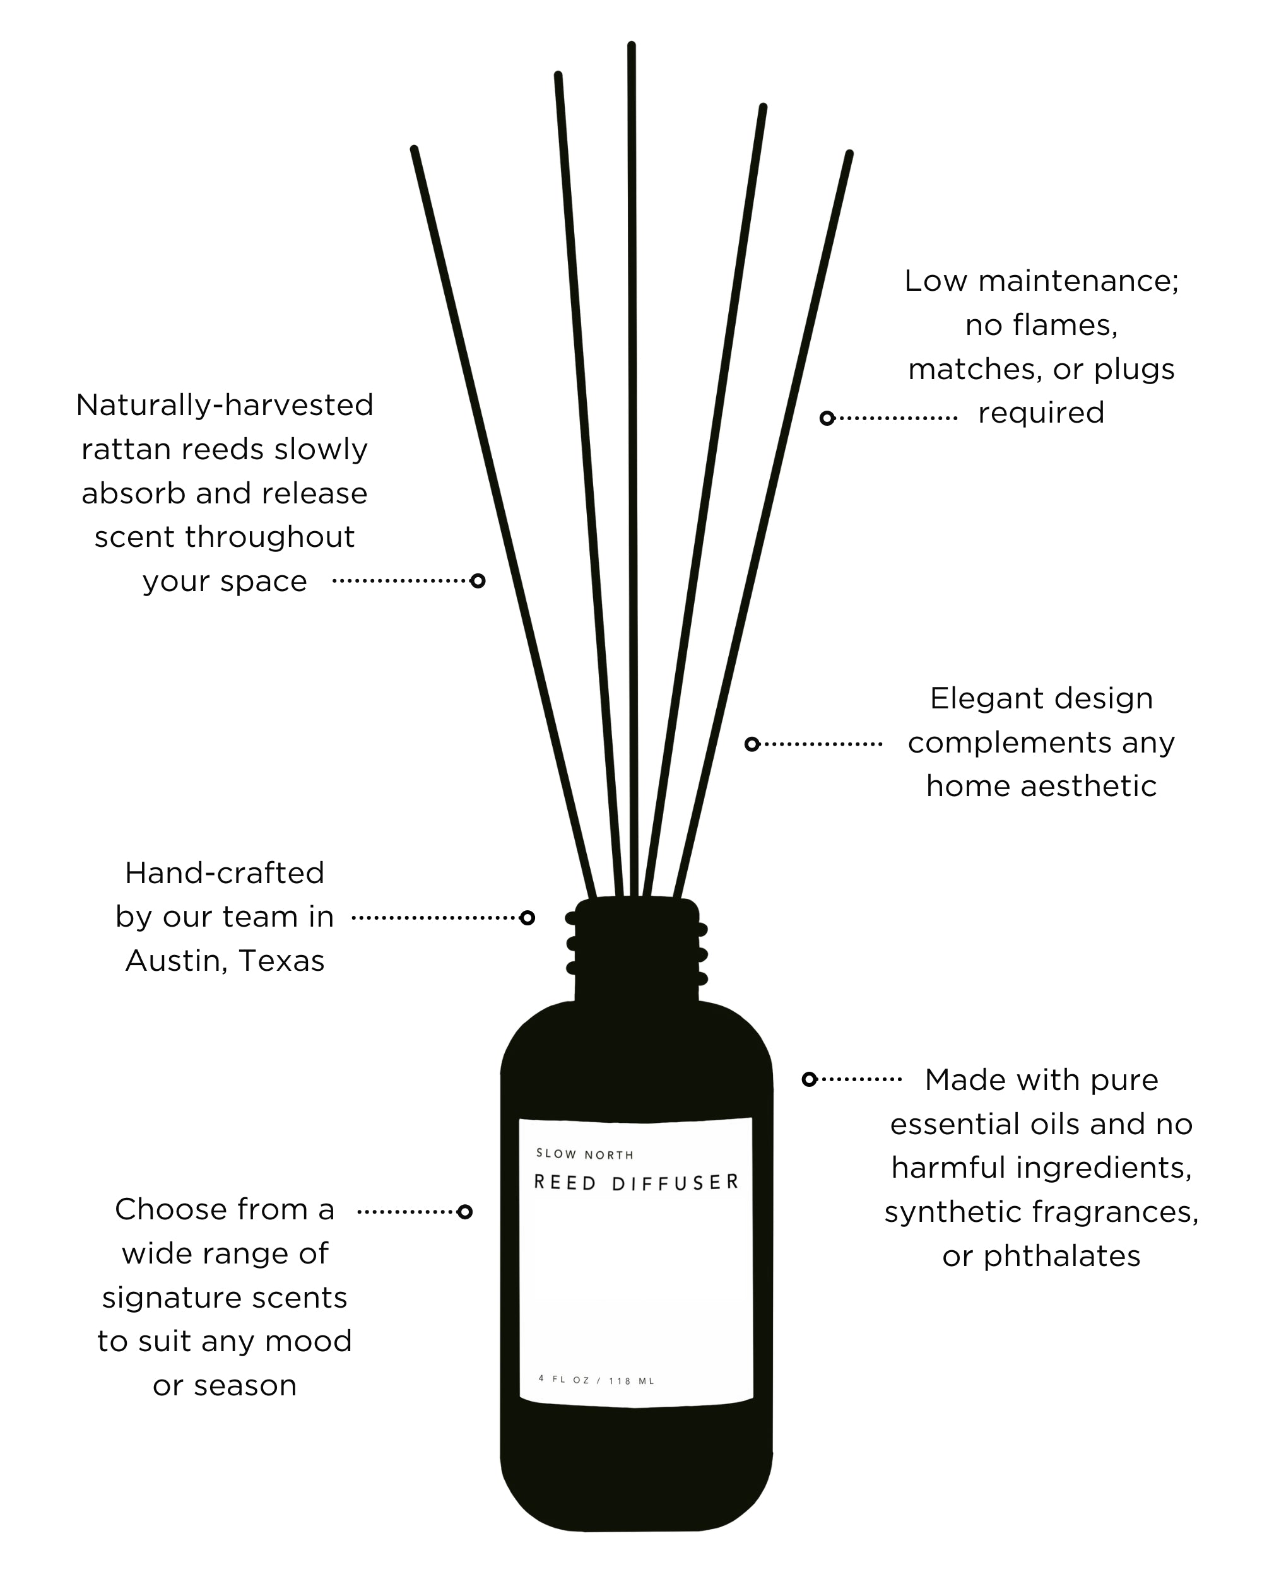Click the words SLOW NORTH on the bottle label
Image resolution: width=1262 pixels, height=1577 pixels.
click(x=584, y=1154)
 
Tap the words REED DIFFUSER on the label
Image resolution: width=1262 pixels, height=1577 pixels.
click(x=636, y=1183)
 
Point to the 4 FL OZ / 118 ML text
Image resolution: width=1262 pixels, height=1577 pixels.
click(x=596, y=1380)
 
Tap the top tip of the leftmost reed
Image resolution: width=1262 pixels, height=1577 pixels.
click(x=414, y=150)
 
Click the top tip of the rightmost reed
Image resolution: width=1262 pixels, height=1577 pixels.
click(x=849, y=155)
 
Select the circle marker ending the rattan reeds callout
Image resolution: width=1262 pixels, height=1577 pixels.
click(x=478, y=581)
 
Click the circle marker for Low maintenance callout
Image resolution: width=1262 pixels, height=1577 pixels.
click(x=827, y=418)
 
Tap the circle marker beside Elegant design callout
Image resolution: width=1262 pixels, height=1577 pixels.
click(x=752, y=744)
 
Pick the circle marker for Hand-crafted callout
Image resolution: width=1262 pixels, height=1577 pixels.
click(x=527, y=917)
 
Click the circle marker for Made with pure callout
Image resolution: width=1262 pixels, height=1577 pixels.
click(x=809, y=1079)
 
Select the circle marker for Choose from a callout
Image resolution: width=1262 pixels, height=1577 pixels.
click(x=464, y=1212)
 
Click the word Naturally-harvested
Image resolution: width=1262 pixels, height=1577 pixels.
click(x=225, y=405)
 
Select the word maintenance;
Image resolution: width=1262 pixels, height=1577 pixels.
click(x=1078, y=281)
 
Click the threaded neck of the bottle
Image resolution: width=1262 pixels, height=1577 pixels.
click(x=637, y=951)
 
